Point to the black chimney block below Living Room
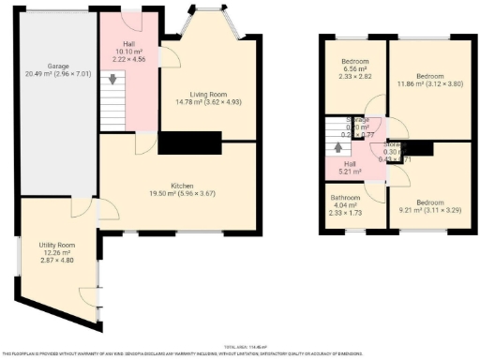(188, 142)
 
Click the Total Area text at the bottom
(240, 346)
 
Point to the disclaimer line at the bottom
(240, 352)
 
